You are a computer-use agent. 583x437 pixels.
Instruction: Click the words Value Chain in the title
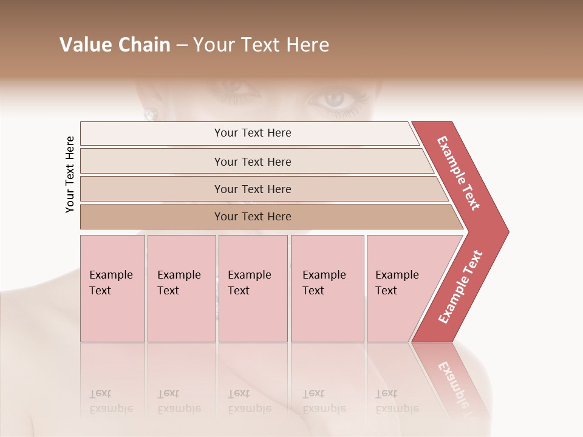click(115, 45)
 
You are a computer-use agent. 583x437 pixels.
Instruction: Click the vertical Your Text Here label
click(70, 174)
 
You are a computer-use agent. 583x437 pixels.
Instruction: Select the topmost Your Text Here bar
click(252, 133)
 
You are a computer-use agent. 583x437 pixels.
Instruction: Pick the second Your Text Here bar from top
click(252, 161)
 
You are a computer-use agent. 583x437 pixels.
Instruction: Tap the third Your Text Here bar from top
click(252, 189)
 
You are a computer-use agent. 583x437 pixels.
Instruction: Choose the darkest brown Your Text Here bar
click(252, 217)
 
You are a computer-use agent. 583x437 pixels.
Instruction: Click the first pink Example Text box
click(112, 288)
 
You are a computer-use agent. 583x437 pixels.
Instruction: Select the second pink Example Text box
click(181, 288)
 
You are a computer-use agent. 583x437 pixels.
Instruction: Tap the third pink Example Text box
click(253, 288)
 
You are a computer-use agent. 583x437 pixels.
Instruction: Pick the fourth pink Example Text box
click(327, 288)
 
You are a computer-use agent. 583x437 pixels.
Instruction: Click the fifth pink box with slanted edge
click(401, 288)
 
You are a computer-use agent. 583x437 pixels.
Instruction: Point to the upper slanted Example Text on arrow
click(459, 173)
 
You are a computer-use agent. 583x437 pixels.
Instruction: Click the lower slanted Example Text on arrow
click(460, 287)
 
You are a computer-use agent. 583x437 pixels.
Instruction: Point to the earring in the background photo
click(151, 113)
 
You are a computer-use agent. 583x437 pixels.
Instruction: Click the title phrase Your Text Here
click(261, 45)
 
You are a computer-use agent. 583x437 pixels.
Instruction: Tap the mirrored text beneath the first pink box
click(110, 401)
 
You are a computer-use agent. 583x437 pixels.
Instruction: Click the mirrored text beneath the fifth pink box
click(396, 401)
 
